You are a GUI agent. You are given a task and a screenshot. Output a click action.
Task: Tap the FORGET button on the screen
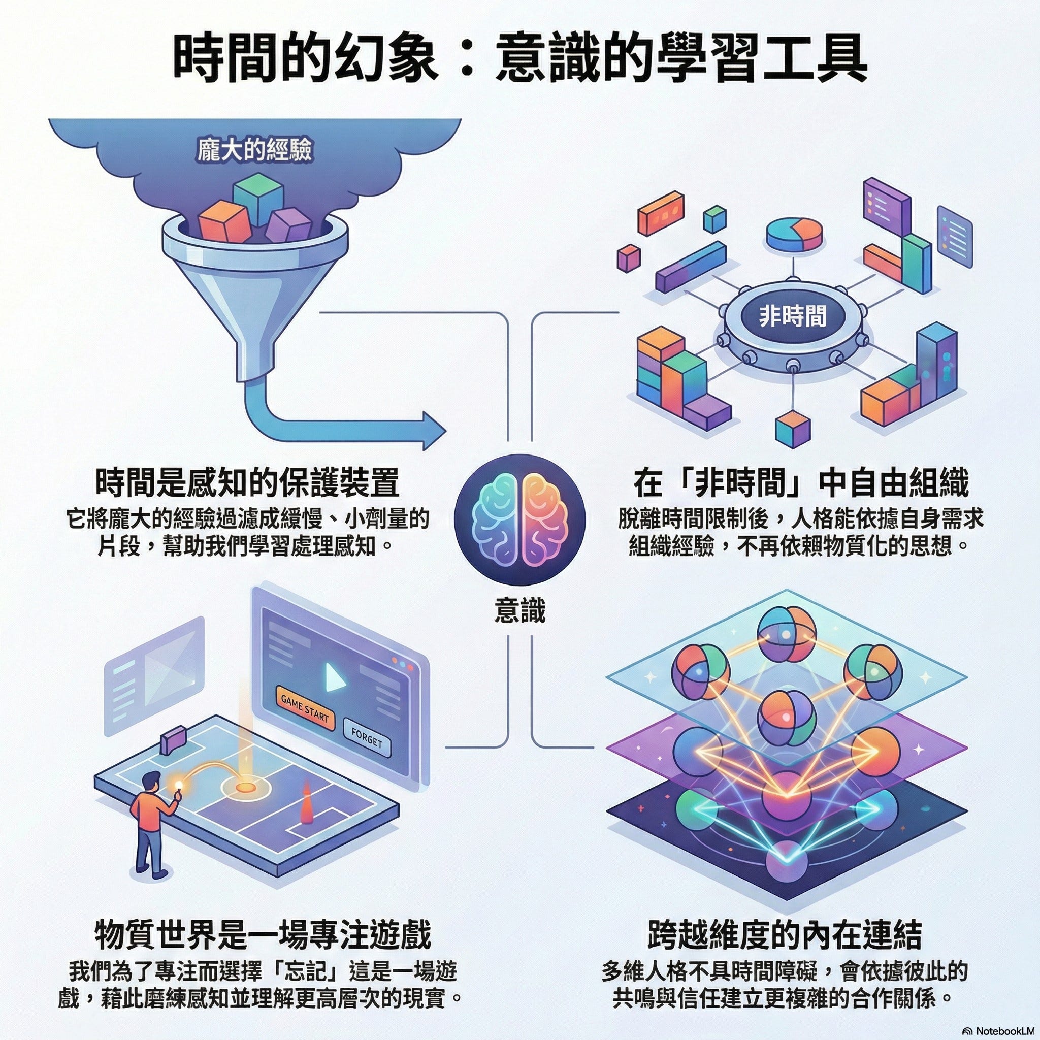367,738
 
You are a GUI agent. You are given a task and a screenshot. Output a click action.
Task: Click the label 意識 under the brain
519,611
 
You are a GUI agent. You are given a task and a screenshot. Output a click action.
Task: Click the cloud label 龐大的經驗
254,150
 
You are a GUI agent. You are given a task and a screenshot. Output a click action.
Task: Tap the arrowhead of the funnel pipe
433,431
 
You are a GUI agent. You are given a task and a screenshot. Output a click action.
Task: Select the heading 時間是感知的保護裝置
248,482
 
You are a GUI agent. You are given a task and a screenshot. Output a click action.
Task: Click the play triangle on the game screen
334,676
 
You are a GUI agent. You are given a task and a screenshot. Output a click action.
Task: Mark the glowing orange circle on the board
245,787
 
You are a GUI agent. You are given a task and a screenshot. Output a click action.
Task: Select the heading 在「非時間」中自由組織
800,482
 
